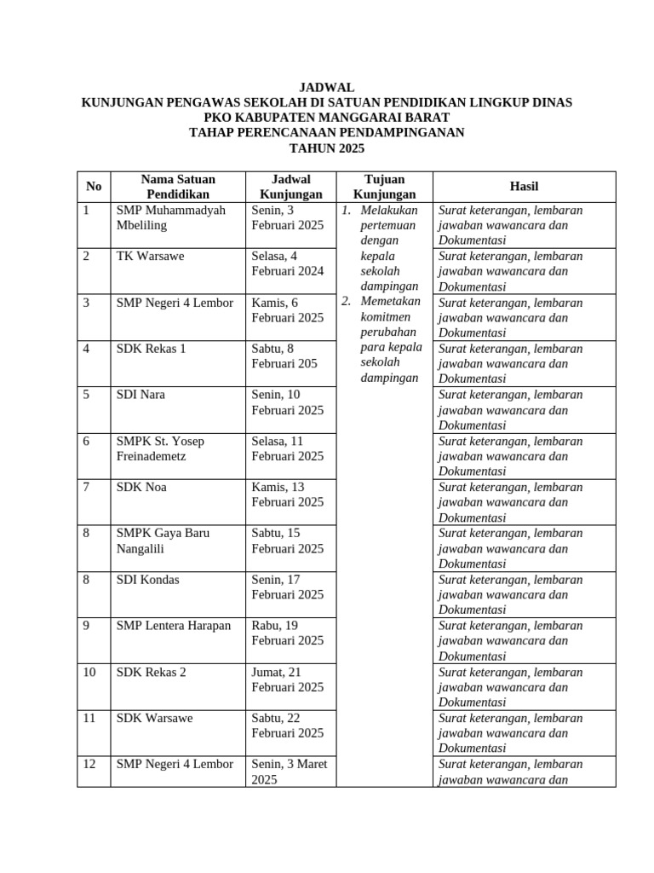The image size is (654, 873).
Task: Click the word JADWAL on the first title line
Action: tap(326, 88)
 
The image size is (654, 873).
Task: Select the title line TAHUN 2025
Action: tap(326, 147)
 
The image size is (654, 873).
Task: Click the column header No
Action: tap(94, 187)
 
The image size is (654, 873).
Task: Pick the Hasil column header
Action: tap(524, 187)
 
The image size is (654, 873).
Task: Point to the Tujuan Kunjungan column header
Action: tap(384, 187)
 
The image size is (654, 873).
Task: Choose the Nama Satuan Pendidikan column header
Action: tap(178, 187)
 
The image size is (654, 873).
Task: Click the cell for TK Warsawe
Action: tap(150, 256)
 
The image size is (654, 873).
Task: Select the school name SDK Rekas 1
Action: tap(151, 349)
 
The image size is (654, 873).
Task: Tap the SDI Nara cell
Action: tap(141, 395)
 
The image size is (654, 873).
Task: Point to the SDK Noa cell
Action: tap(141, 487)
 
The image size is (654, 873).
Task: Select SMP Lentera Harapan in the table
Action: tap(174, 626)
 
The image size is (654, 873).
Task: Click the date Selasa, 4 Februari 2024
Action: tap(287, 263)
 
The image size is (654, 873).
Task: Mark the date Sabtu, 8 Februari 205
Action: tap(284, 356)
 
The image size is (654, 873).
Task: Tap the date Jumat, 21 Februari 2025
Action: tap(287, 679)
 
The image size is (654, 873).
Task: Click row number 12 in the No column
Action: tap(89, 764)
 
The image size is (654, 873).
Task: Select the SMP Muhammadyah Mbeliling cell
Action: tap(170, 217)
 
